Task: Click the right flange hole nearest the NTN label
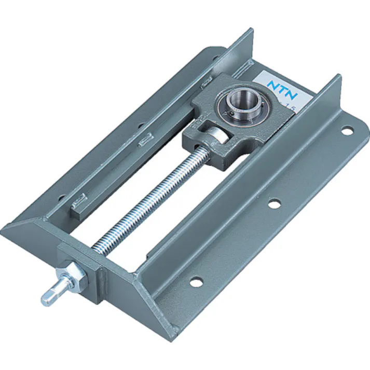(x=345, y=131)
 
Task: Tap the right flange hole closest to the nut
(x=196, y=282)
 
